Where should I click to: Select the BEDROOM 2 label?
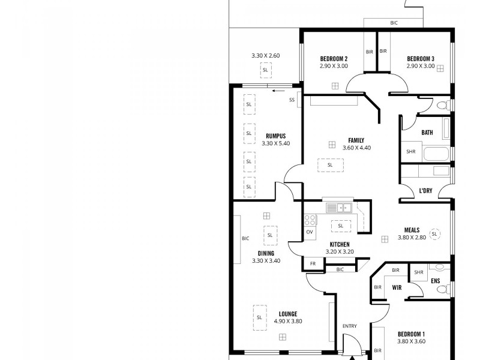334,58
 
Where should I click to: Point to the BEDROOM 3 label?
421,58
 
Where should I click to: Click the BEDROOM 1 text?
411,334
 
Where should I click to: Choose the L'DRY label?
425,191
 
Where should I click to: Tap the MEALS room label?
412,230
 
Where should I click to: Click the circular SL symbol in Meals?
436,233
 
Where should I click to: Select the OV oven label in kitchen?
310,231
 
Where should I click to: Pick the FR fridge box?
313,263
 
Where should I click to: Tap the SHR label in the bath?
411,152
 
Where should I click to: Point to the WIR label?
397,287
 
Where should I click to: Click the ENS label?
436,280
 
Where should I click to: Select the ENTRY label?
349,326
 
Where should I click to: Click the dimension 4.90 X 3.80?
288,321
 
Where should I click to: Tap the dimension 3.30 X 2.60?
265,56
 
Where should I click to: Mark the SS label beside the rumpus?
292,100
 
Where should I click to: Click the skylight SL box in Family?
329,165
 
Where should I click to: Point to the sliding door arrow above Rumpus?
277,91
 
